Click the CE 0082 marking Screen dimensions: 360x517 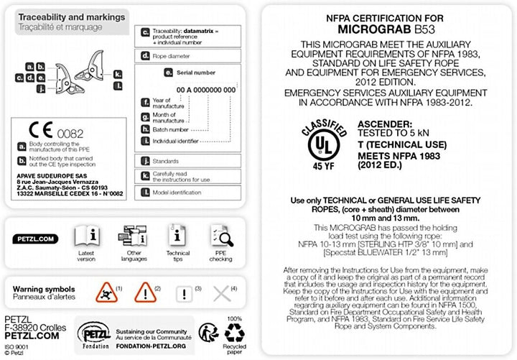pyautogui.click(x=47, y=132)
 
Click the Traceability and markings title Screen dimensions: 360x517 pyautogui.click(x=71, y=17)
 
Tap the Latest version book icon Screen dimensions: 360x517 pyautogui.click(x=87, y=235)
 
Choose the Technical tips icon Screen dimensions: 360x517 pyautogui.click(x=177, y=235)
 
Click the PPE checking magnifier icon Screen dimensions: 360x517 pyautogui.click(x=220, y=235)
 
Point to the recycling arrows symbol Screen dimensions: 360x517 pyautogui.click(x=235, y=331)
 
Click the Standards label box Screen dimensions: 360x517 pyautogui.click(x=169, y=162)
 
